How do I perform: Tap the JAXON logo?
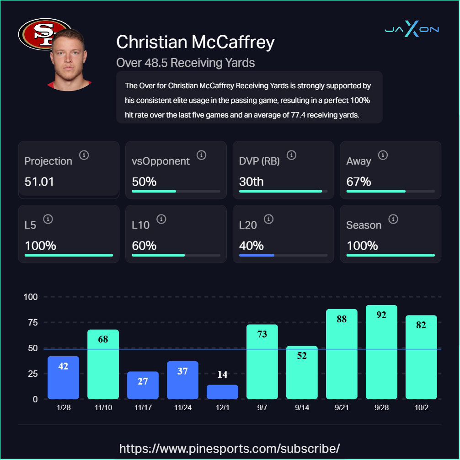coord(412,30)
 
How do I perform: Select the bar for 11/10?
coord(103,364)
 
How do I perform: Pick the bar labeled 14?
coord(222,391)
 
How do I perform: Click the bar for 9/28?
coord(381,352)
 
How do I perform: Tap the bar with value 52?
coord(302,372)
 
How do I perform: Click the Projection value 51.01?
coord(39,182)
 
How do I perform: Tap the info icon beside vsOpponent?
coord(201,155)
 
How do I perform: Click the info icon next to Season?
coord(393,219)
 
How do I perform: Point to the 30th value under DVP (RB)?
coord(251,182)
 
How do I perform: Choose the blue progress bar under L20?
coord(257,255)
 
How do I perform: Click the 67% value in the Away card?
coord(359,182)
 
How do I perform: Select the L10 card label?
coord(141,225)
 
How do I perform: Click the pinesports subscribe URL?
coord(230,448)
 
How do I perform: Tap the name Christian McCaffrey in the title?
coord(195,42)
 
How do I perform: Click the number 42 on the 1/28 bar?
coord(63,366)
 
